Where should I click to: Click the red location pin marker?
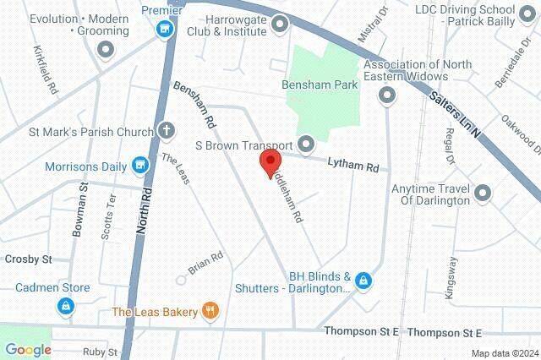coord(270,161)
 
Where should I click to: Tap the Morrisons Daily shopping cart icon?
coord(141,166)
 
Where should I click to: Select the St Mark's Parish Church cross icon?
coord(166,131)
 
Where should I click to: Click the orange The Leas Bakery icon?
coord(210,311)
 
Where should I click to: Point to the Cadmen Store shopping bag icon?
coord(64,305)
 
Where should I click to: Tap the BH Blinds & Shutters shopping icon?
coord(363,280)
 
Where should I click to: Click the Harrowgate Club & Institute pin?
coord(279,30)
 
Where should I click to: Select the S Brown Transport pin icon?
coord(305,144)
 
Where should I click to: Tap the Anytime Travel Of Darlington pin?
coord(484,194)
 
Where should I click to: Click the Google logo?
coord(28,350)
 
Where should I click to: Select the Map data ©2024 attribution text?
coord(505,353)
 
